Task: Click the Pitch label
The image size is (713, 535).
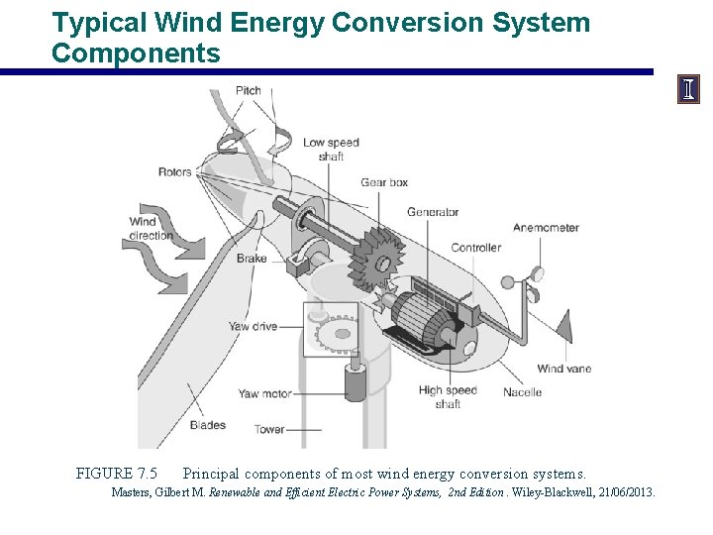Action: coord(249,91)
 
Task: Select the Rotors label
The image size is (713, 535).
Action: coord(175,172)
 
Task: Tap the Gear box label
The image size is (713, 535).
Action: coord(384,182)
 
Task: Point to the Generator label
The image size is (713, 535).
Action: coord(433,212)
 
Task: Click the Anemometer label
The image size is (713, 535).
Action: coord(546,228)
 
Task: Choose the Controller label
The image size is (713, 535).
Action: coord(476,248)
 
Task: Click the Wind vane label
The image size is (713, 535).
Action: coord(564,369)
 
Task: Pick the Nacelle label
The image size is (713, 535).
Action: coord(522,391)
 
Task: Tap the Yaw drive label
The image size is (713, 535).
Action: coord(253,326)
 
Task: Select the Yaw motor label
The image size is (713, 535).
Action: coord(264,393)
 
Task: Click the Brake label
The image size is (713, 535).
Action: coord(252,259)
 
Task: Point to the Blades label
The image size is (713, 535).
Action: coord(207,425)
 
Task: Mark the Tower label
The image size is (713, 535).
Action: coord(269,430)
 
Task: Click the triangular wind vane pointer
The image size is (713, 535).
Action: coord(562,326)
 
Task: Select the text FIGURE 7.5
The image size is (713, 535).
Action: coord(116,474)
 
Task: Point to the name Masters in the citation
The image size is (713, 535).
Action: coord(131,492)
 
